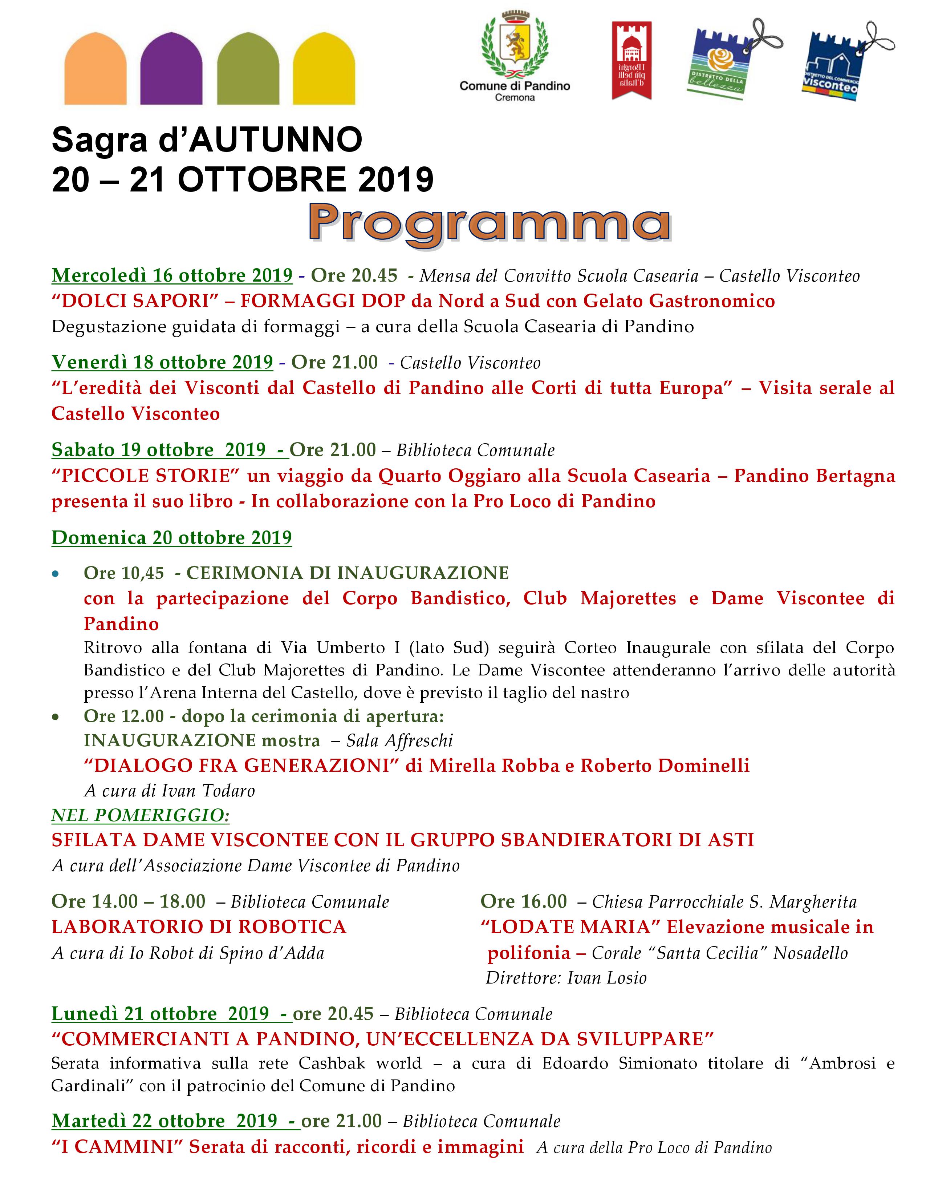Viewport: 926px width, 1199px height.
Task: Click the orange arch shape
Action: coord(96,69)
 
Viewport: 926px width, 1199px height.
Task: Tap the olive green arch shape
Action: coord(248,69)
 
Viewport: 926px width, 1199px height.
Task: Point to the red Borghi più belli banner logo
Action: coord(631,60)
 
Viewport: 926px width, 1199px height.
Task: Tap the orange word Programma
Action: coord(490,224)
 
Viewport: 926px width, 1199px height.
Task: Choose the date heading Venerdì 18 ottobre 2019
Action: coord(162,362)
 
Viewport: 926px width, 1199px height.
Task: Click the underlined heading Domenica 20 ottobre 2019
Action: coord(172,537)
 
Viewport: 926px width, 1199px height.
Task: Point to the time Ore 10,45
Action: coord(123,573)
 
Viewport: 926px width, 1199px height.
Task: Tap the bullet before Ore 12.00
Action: coord(56,717)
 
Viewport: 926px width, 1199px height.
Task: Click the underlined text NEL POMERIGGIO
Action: coord(141,815)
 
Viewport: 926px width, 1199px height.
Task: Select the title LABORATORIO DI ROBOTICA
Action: coord(199,927)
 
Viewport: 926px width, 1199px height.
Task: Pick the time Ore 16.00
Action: coord(523,901)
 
